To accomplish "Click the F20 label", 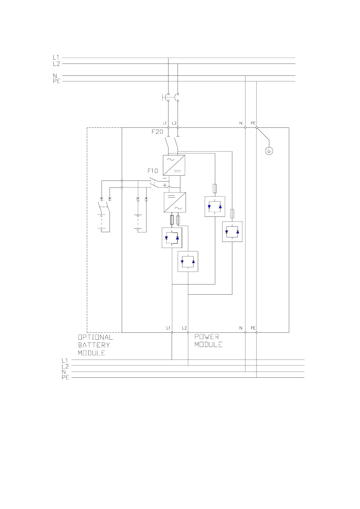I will pyautogui.click(x=157, y=132).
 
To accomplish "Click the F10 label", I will pyautogui.click(x=152, y=171).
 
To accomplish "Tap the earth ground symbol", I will pyautogui.click(x=269, y=151).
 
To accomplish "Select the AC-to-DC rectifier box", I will pyautogui.click(x=174, y=165).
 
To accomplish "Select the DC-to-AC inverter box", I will pyautogui.click(x=175, y=202).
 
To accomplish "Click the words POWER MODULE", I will pyautogui.click(x=208, y=341).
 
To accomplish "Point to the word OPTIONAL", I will pyautogui.click(x=95, y=337).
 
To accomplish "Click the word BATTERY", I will pyautogui.click(x=94, y=345).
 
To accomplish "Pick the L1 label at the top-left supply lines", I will pyautogui.click(x=56, y=58).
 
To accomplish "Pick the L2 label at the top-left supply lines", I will pyautogui.click(x=56, y=64).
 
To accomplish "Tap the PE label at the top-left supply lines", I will pyautogui.click(x=56, y=81).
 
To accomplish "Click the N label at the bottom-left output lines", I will pyautogui.click(x=64, y=372).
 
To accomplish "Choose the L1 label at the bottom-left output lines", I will pyautogui.click(x=65, y=360).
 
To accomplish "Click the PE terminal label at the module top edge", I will pyautogui.click(x=253, y=123).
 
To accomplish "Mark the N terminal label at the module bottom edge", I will pyautogui.click(x=241, y=328).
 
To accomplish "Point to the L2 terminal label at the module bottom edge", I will pyautogui.click(x=185, y=328).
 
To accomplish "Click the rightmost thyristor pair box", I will pyautogui.click(x=232, y=231).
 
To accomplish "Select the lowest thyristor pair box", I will pyautogui.click(x=188, y=261).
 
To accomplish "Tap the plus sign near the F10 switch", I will pyautogui.click(x=165, y=185).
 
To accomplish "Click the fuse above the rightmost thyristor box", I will pyautogui.click(x=232, y=214).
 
